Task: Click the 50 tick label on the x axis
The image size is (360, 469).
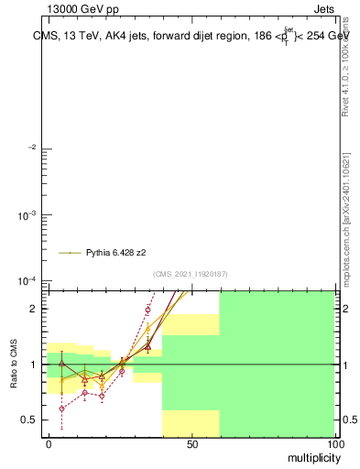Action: [x=191, y=444]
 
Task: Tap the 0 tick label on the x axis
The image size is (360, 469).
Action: [x=48, y=444]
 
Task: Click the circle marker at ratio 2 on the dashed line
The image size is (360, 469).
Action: [x=147, y=310]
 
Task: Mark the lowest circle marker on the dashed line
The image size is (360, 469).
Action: [x=61, y=409]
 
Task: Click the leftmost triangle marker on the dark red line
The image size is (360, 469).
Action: [x=61, y=364]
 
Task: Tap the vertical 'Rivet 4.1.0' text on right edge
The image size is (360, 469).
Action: [x=345, y=64]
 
